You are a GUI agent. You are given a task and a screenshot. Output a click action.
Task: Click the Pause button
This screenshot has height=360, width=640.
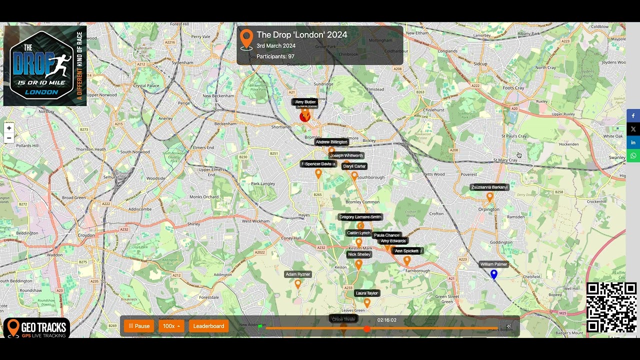click(139, 326)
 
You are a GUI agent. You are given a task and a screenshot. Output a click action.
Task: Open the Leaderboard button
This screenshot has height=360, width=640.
click(208, 326)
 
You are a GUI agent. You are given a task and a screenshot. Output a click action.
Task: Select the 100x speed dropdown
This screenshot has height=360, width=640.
click(171, 326)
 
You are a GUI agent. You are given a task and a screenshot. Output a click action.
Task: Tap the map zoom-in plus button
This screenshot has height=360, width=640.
click(9, 128)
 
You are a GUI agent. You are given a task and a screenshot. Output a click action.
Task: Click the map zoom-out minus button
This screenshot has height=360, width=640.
click(9, 138)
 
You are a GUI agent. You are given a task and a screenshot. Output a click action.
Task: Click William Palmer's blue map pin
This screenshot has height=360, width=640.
click(494, 274)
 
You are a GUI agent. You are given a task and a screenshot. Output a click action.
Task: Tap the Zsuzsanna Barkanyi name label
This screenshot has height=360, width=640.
click(489, 187)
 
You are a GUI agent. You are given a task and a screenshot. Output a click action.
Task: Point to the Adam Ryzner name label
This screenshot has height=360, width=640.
click(298, 274)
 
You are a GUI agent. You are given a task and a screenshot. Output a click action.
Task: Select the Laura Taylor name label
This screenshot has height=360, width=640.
click(367, 293)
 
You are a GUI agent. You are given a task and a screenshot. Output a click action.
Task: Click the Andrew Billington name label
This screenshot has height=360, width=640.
click(331, 142)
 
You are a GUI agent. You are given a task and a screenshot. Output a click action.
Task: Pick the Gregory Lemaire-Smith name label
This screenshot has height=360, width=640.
click(360, 217)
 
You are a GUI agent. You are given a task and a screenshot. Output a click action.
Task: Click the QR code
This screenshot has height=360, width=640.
click(611, 307)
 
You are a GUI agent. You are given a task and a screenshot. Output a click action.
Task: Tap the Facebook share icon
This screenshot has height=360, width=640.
click(633, 116)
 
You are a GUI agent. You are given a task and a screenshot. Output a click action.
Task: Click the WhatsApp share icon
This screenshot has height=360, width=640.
click(633, 156)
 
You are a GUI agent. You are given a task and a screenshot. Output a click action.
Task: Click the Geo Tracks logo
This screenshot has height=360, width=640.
click(36, 328)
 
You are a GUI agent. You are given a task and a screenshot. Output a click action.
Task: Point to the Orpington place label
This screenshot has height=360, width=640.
click(488, 209)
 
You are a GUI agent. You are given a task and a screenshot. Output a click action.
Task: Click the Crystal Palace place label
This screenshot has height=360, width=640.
click(146, 85)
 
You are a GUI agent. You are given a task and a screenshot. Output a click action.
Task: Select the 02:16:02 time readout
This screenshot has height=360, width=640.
click(387, 320)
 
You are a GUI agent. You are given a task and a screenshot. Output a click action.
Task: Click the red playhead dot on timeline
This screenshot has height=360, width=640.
click(367, 328)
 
